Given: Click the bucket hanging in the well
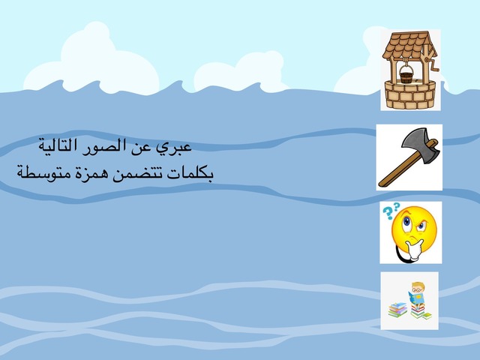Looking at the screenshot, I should coord(405,76).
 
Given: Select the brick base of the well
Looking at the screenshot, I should coord(408,96).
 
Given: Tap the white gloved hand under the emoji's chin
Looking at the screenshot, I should coord(409,252).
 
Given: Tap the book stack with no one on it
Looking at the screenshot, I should coord(397,308).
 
